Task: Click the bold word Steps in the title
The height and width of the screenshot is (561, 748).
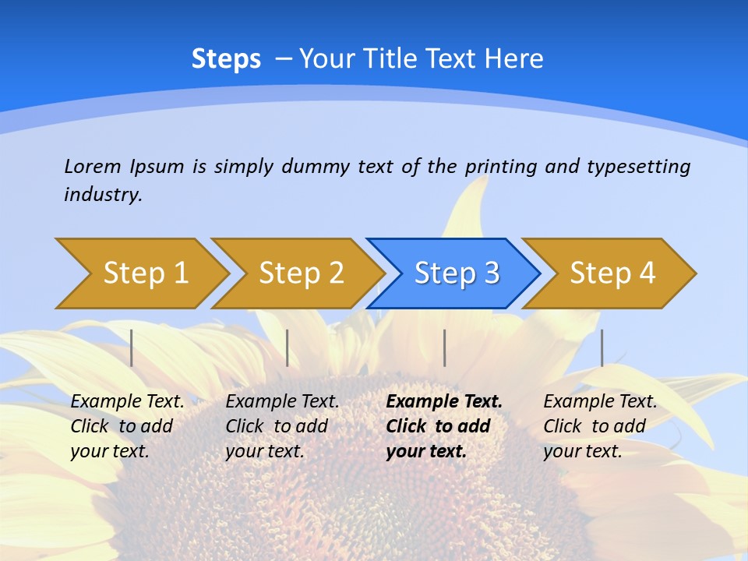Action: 226,59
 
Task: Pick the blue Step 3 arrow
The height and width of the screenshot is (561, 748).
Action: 456,273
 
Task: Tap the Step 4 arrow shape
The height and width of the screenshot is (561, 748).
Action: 612,273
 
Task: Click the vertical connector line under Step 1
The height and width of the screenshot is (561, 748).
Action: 132,348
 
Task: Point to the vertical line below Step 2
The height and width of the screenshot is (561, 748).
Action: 288,348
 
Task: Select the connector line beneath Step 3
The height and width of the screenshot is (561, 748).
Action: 445,348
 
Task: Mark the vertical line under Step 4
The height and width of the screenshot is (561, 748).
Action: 602,348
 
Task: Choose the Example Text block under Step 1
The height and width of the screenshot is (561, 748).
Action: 127,426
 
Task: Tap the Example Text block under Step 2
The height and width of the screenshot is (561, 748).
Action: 282,426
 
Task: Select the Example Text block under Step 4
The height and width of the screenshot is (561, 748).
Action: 600,426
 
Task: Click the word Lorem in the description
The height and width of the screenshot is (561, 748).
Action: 93,166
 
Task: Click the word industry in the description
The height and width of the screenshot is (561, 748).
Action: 103,194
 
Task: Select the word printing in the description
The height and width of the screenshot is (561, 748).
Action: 502,167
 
